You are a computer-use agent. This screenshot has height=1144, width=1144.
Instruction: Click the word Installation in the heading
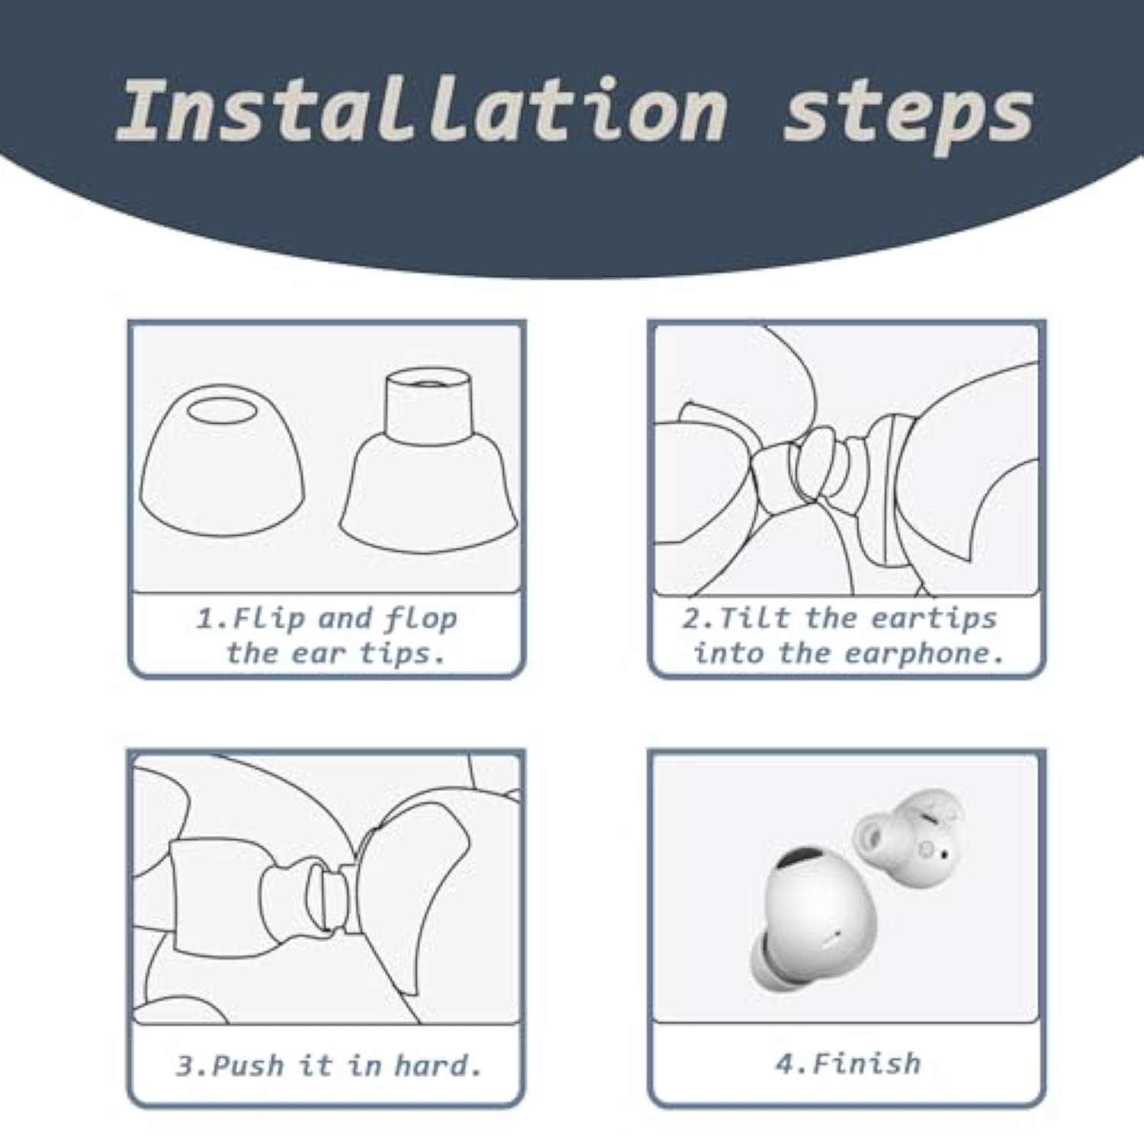(423, 111)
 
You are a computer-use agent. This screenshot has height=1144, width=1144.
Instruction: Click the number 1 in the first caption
(204, 619)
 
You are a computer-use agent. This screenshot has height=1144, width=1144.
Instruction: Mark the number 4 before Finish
(785, 1063)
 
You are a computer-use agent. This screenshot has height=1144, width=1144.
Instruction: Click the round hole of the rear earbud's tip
(871, 827)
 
